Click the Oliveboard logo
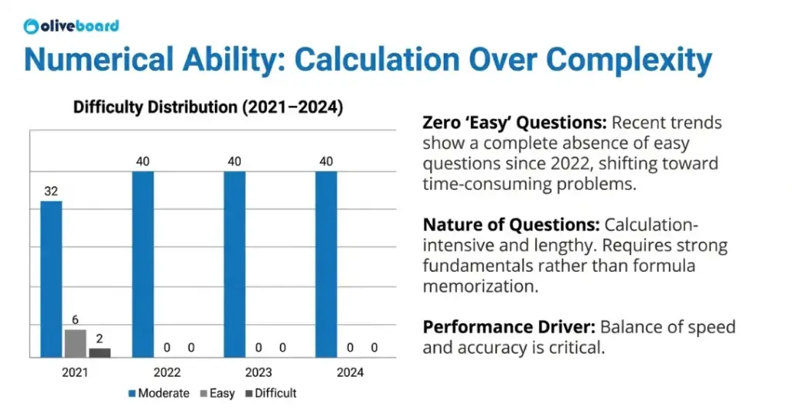(x=71, y=25)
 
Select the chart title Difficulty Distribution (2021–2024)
(x=207, y=107)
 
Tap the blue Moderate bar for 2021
(x=51, y=279)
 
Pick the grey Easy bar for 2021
(x=75, y=343)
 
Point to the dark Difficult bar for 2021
(x=100, y=352)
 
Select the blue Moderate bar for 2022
(x=142, y=264)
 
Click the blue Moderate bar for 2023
(x=234, y=264)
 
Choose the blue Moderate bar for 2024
(x=326, y=264)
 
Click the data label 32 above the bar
(x=51, y=191)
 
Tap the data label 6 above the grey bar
(x=75, y=320)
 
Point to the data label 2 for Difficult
(x=100, y=338)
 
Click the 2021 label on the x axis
(x=75, y=372)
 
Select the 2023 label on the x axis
(x=258, y=372)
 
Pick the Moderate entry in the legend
(x=158, y=393)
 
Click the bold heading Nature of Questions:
(x=510, y=226)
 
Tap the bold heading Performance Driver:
(x=508, y=327)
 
